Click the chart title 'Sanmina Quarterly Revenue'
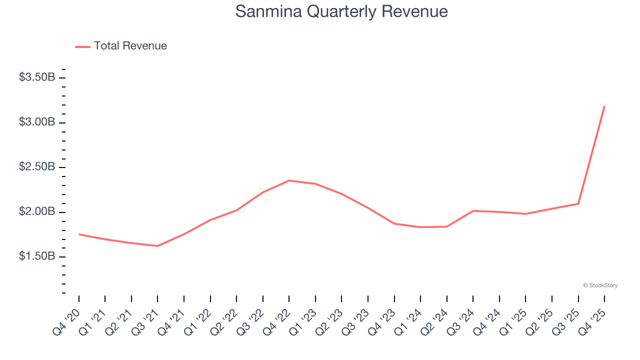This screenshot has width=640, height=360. pos(341,11)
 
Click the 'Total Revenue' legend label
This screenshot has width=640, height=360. pos(130,46)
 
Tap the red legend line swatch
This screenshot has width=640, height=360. pos(82,46)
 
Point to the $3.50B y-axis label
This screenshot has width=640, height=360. pos(37,77)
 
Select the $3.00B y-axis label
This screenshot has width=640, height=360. pos(37,122)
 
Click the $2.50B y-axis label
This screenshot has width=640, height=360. pos(37,167)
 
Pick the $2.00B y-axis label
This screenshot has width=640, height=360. pos(37,211)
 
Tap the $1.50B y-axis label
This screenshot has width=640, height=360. pos(37,256)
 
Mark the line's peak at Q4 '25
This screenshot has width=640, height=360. pos(604,106)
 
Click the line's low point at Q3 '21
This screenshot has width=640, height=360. pos(157,246)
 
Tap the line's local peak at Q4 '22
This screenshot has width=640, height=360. pos(289,180)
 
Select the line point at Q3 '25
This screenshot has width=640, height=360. pos(578,203)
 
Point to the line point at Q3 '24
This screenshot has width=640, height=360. pos(473,211)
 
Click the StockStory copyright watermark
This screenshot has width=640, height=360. pos(600,285)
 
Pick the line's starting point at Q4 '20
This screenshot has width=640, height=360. pos(79,234)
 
